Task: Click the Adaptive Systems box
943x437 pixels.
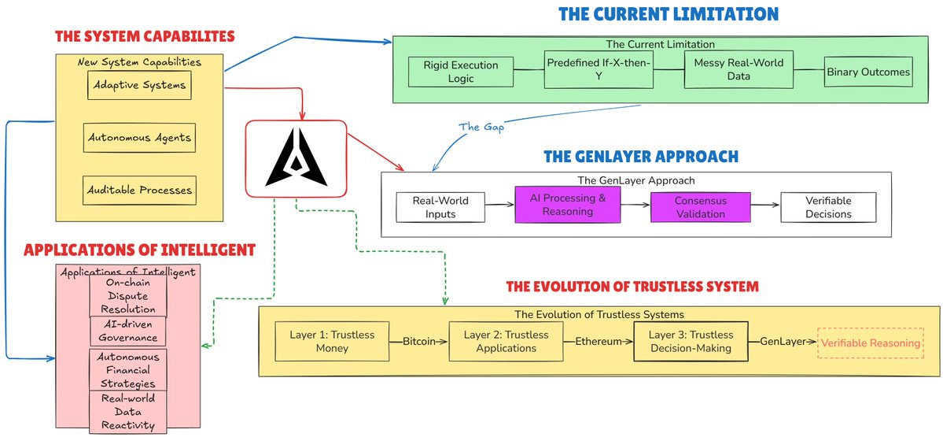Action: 139,85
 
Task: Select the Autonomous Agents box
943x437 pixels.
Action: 139,137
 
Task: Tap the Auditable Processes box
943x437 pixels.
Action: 139,191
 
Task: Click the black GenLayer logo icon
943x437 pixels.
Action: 296,157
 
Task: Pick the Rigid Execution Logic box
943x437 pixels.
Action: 461,72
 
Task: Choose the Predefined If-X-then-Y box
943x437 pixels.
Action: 599,70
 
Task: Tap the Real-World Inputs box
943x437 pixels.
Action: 441,206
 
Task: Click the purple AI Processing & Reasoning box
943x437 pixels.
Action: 568,205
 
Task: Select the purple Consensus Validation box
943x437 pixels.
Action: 701,206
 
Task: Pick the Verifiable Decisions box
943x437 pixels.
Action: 828,206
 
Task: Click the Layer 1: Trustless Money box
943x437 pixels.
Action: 332,341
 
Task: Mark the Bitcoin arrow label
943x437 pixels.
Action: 418,342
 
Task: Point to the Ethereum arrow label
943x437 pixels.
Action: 598,342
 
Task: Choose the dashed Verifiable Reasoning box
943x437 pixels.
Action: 870,343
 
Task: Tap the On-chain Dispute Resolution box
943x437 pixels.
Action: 128,296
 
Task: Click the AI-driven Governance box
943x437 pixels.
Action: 128,331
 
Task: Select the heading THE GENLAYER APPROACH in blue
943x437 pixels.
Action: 640,157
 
